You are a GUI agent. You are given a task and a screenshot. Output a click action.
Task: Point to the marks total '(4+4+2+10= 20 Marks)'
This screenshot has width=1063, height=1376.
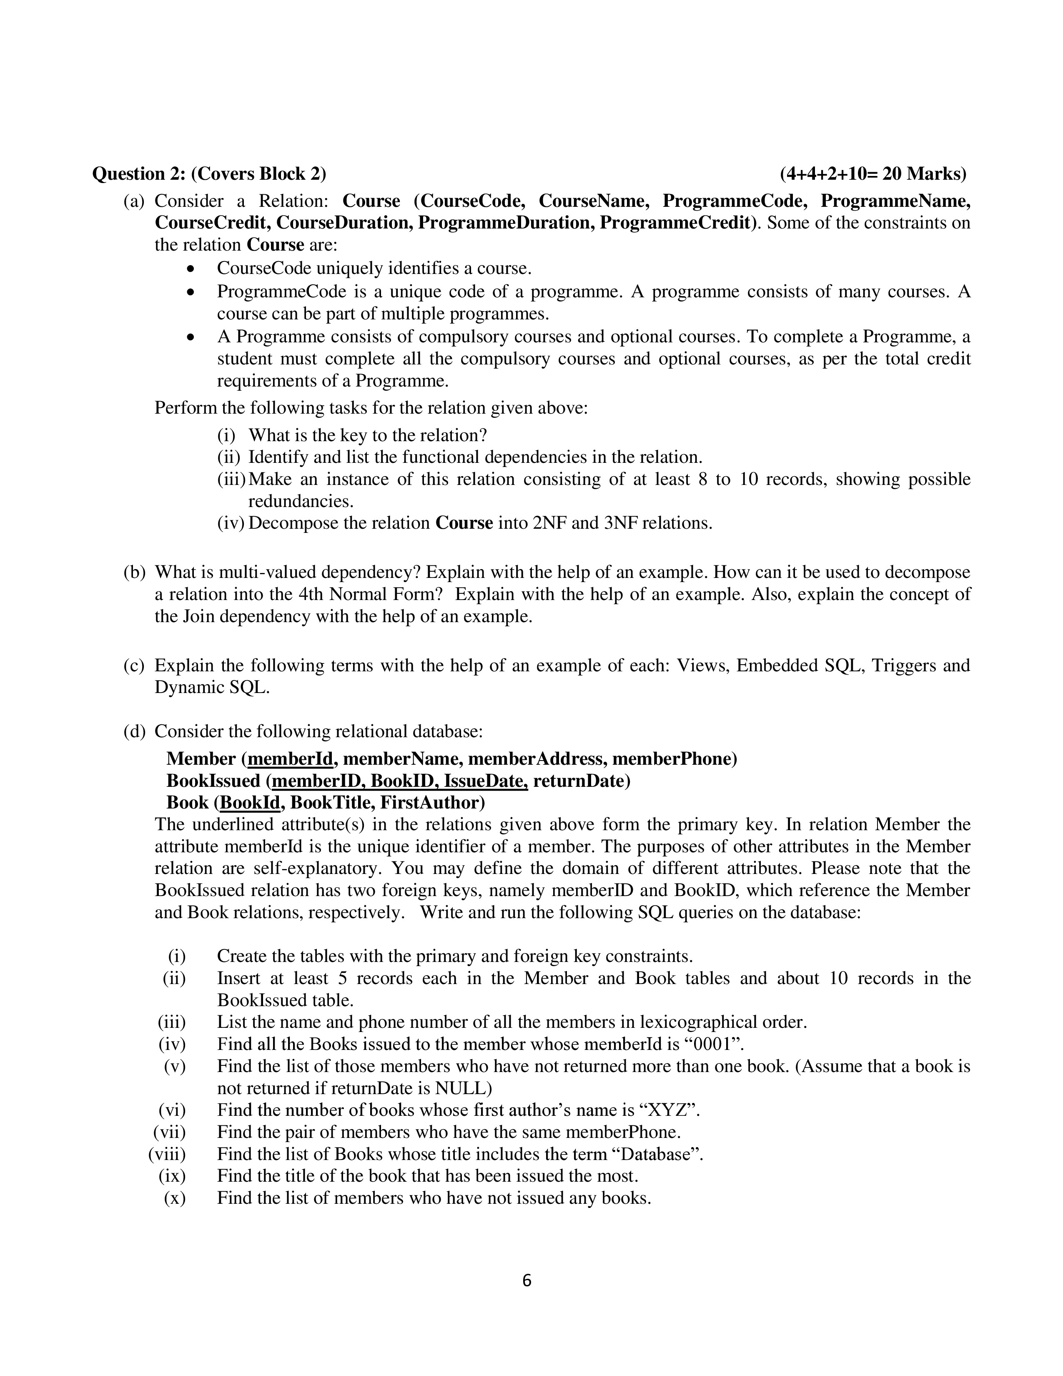click(873, 174)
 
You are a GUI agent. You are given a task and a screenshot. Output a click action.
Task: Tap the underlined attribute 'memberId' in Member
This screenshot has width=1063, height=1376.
click(290, 758)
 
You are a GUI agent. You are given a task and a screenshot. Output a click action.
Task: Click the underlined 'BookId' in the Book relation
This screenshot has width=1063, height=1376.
click(250, 803)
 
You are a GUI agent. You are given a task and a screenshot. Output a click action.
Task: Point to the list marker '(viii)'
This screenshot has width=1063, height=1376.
click(167, 1154)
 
